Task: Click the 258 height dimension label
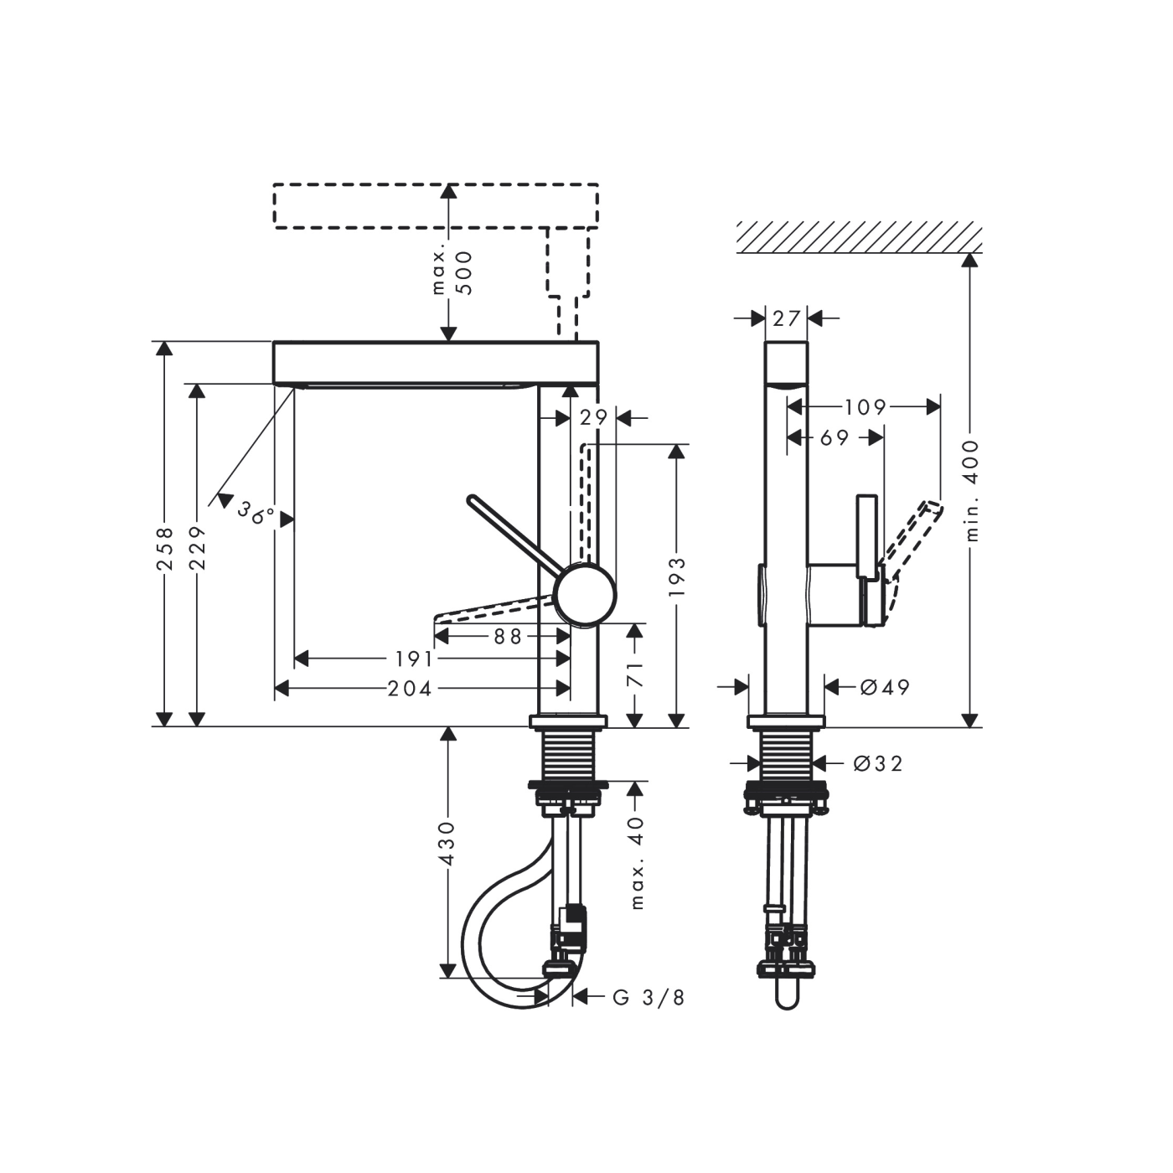165,548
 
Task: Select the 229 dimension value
197,548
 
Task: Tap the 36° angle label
255,512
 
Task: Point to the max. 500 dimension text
452,271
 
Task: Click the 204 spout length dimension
410,689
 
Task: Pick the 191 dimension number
414,659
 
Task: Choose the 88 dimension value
507,637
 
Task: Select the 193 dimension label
677,576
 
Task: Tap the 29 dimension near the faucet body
593,417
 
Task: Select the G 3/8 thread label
649,997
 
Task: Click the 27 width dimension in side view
787,318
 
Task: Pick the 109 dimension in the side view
865,407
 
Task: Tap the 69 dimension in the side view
834,437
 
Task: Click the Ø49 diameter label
885,688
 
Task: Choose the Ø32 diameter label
878,763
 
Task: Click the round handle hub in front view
586,594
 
